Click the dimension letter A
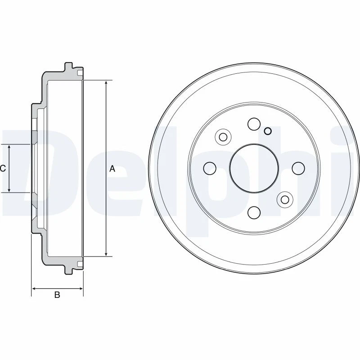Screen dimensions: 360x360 click(112, 169)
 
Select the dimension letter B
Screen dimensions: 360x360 click(57, 295)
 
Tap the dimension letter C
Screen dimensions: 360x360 click(3, 168)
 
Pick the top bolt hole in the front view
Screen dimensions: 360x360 click(254, 124)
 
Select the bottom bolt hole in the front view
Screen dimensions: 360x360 click(254, 212)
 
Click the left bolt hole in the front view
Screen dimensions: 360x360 click(210, 168)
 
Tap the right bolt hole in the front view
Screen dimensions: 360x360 click(298, 168)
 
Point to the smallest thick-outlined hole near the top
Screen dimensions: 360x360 click(268, 131)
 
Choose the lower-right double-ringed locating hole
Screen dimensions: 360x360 click(284, 199)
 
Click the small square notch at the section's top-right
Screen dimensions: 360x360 click(80, 73)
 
